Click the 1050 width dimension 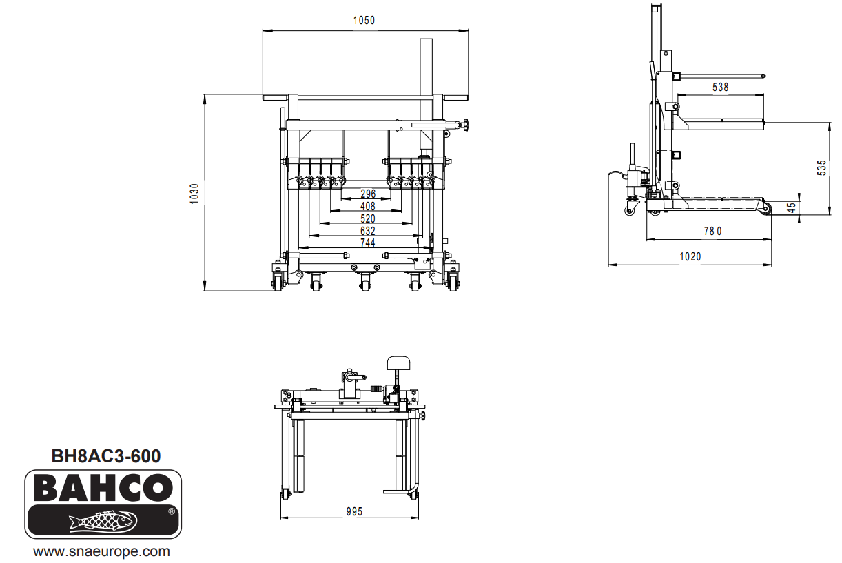click(x=364, y=21)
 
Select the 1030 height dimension click(x=194, y=192)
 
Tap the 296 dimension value click(x=368, y=194)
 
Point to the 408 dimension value click(x=368, y=206)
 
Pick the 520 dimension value click(x=368, y=218)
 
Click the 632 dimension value click(x=368, y=231)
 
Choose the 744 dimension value click(x=368, y=243)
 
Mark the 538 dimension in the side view click(x=720, y=88)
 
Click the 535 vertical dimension click(x=821, y=168)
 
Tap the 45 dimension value click(x=792, y=207)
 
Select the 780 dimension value click(x=712, y=232)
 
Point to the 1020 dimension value click(x=690, y=256)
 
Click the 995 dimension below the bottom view click(x=354, y=511)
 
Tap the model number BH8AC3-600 click(x=106, y=456)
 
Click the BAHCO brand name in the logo click(x=103, y=489)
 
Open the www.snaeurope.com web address click(x=102, y=552)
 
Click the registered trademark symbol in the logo click(x=171, y=512)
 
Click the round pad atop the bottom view click(x=398, y=362)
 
